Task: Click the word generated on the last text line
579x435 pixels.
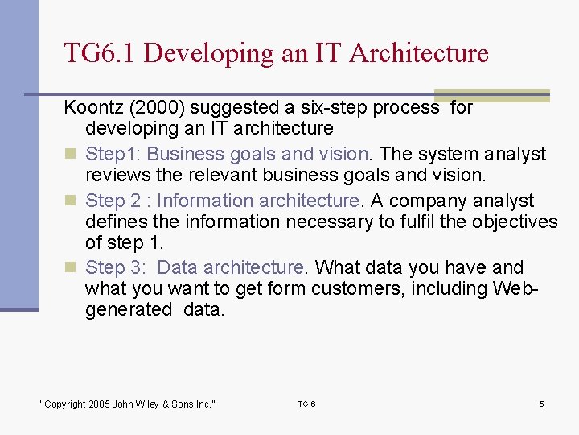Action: tap(129, 309)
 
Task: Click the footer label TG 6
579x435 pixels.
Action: tap(306, 404)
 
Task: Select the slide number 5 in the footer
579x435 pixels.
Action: tap(541, 404)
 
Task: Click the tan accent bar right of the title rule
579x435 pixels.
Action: tap(515, 94)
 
